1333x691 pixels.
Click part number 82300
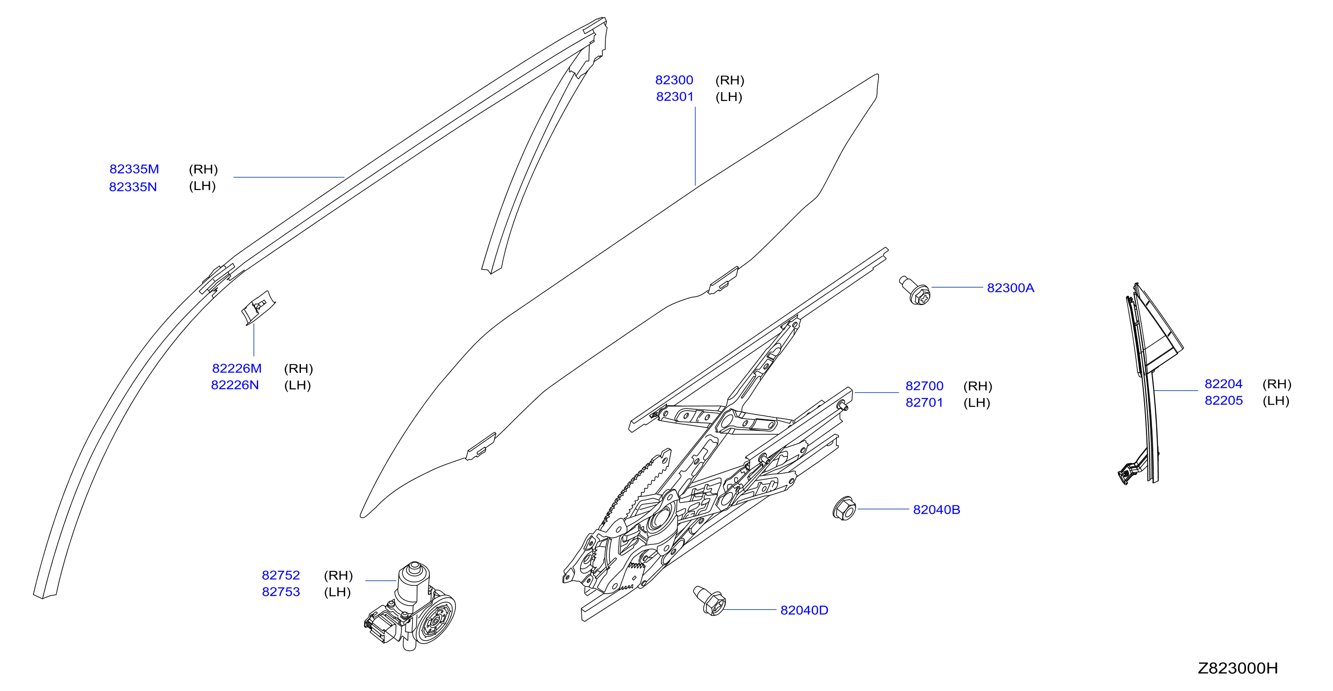click(674, 80)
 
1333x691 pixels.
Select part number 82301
click(675, 97)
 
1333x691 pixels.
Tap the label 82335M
click(134, 169)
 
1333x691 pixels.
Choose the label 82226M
click(237, 369)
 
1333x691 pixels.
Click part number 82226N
click(235, 386)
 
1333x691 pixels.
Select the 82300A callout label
click(1011, 288)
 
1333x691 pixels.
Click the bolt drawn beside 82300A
click(915, 291)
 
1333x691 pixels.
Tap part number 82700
click(924, 386)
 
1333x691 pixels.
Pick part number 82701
click(924, 403)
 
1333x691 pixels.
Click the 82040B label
click(937, 510)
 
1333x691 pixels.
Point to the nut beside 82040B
click(844, 508)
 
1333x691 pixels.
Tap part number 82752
click(281, 576)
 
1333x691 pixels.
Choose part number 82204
click(1223, 384)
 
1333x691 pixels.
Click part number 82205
click(1223, 401)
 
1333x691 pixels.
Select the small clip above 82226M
click(258, 307)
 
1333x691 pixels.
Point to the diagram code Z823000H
click(1238, 669)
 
